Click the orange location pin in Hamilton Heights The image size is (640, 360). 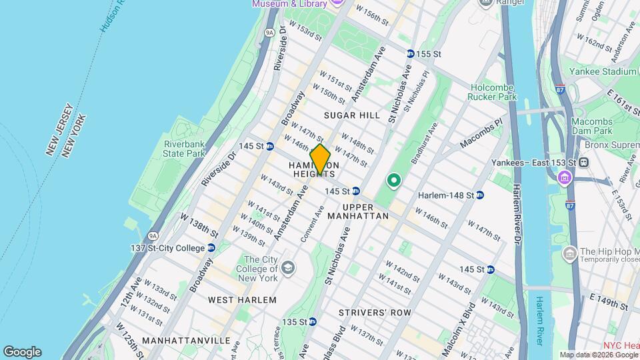[x=321, y=159]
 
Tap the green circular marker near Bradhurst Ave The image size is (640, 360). [x=393, y=180]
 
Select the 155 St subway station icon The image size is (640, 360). [x=410, y=53]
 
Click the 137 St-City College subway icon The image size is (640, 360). [x=211, y=247]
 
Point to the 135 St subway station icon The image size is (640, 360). [x=313, y=321]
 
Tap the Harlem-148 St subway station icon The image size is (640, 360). [x=480, y=195]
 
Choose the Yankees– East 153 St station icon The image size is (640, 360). [x=583, y=162]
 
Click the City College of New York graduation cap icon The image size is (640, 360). [x=288, y=268]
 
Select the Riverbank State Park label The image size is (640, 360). [x=183, y=148]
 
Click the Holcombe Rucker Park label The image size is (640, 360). [x=493, y=92]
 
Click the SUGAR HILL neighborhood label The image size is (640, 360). [x=351, y=115]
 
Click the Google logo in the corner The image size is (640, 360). [x=22, y=352]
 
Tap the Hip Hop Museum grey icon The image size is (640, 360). [x=570, y=253]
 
